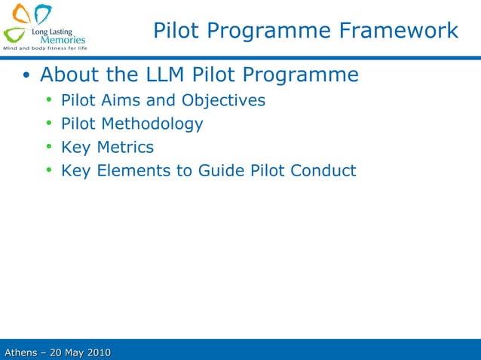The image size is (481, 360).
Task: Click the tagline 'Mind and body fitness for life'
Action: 45,48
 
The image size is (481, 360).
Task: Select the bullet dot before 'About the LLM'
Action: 26,76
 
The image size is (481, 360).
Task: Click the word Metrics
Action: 125,147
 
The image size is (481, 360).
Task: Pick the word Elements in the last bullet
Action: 133,170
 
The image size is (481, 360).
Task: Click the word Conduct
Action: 322,170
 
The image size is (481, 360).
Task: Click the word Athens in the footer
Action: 22,352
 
